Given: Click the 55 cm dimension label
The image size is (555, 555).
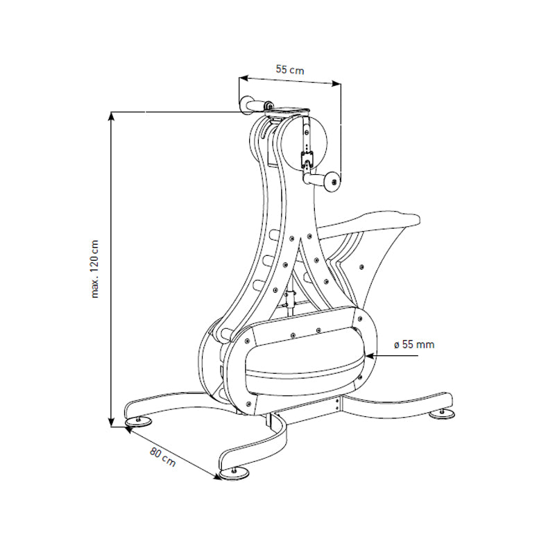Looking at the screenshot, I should coord(290,69).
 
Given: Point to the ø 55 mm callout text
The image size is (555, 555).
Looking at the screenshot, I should coord(413,345).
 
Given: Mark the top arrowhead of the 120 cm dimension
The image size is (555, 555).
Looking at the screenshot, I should coord(111,116).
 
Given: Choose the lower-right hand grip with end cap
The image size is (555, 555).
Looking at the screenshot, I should coord(323,180).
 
